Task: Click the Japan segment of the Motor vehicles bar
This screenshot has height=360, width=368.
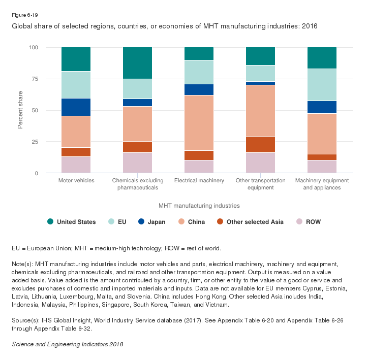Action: point(76,107)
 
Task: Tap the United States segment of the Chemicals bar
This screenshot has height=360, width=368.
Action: point(137,63)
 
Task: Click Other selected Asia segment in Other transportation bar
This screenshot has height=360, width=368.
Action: point(260,144)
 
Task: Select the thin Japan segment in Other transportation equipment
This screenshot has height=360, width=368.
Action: point(260,83)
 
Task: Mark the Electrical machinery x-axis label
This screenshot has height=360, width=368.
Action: point(199,181)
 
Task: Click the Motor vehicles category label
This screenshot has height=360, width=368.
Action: point(76,181)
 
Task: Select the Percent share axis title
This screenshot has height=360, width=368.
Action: point(21,110)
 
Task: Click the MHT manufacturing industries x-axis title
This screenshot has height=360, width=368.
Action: point(199,206)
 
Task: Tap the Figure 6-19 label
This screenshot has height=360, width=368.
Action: point(24,15)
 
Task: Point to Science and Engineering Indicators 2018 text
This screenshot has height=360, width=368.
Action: point(67,344)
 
